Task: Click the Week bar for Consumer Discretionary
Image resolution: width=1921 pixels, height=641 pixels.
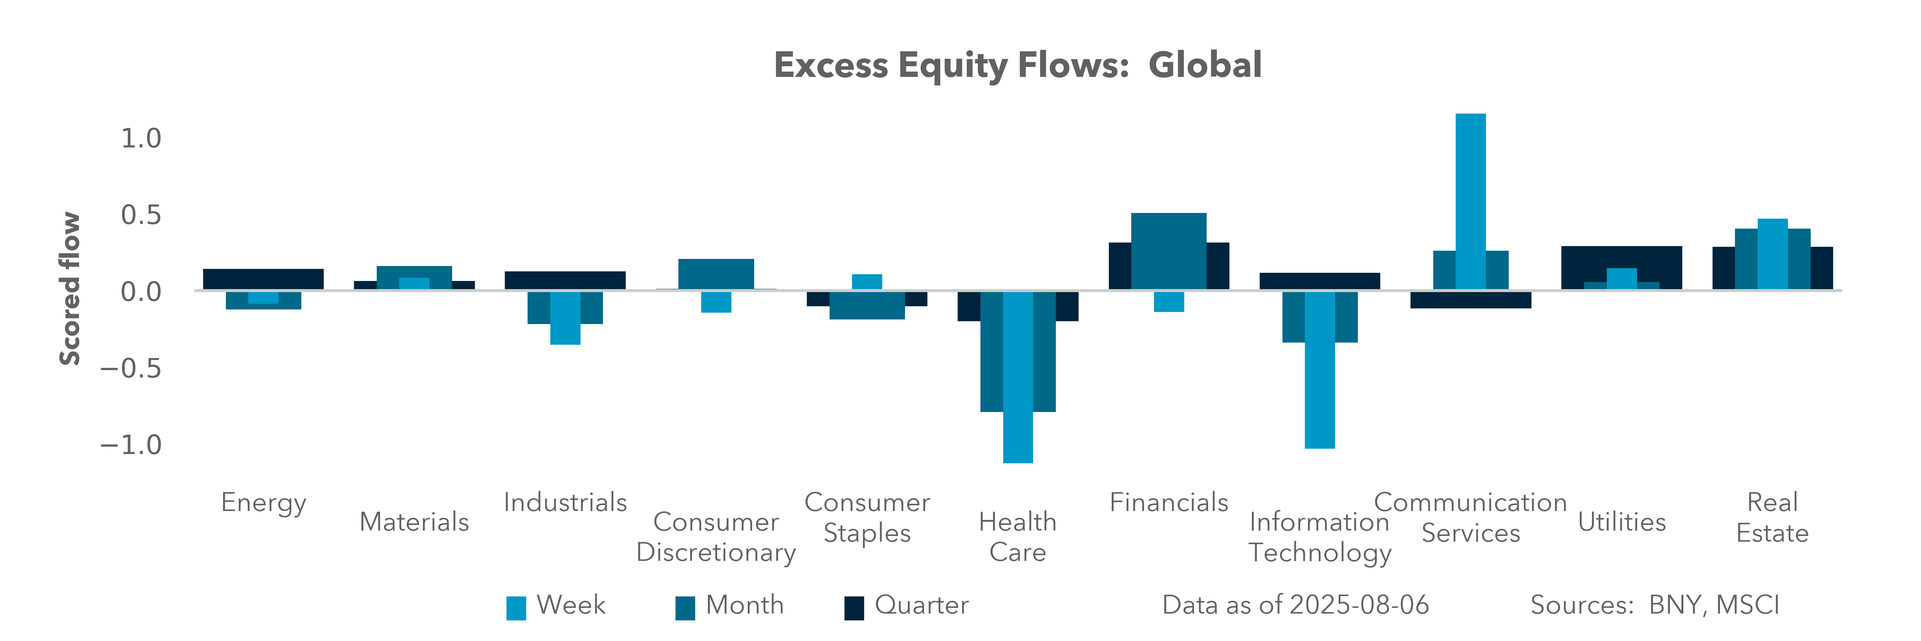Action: (x=716, y=302)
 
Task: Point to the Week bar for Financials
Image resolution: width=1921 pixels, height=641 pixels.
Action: (x=1169, y=301)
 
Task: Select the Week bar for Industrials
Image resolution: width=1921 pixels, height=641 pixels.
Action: (x=565, y=317)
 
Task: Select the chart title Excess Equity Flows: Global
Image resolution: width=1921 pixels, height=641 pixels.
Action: (x=1018, y=65)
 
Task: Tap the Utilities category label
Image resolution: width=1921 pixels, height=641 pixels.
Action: (x=1622, y=522)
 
